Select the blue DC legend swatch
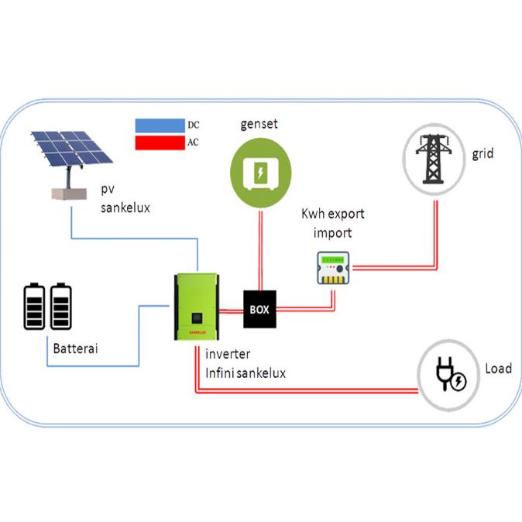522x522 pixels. [x=160, y=125]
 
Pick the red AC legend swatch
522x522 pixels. [x=160, y=143]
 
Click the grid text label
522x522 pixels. [x=482, y=154]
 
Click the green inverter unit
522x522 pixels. [x=196, y=307]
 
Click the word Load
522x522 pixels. [x=498, y=369]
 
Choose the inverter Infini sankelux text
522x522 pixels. [x=246, y=365]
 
